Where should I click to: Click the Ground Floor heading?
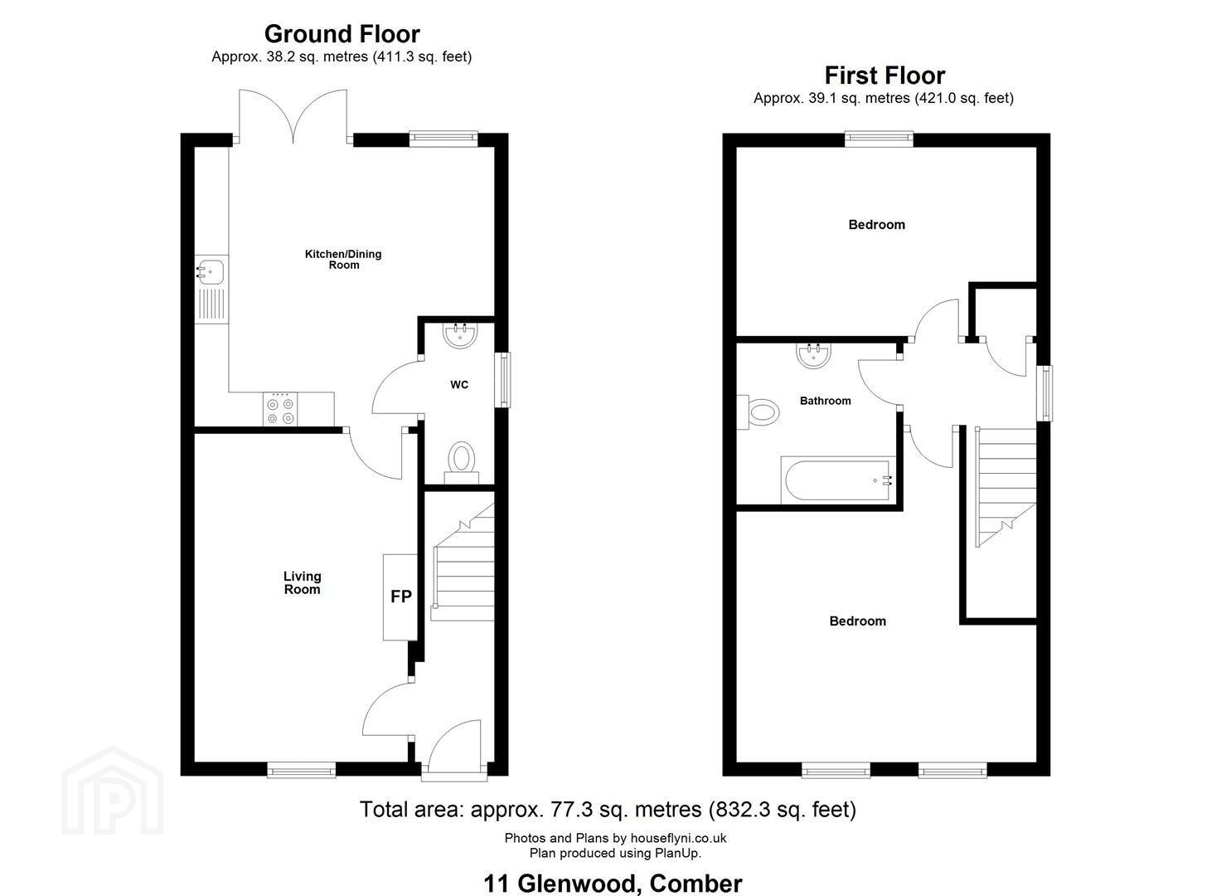(x=342, y=34)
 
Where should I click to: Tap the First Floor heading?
(x=884, y=75)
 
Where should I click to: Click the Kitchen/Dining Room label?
(x=343, y=259)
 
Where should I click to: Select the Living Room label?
(x=302, y=582)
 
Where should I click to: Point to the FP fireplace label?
(x=400, y=597)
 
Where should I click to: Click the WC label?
(x=459, y=384)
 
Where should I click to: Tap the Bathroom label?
(x=826, y=401)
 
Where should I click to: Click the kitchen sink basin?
(x=211, y=271)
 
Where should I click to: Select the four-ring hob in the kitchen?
(x=280, y=410)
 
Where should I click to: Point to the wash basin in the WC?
(x=461, y=335)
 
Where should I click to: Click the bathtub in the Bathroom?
(x=838, y=480)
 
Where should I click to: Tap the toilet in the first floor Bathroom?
(x=759, y=412)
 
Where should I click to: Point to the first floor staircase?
(x=1006, y=487)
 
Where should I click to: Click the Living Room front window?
(x=302, y=770)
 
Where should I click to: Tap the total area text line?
(x=608, y=810)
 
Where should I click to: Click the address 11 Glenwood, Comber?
(x=613, y=869)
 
